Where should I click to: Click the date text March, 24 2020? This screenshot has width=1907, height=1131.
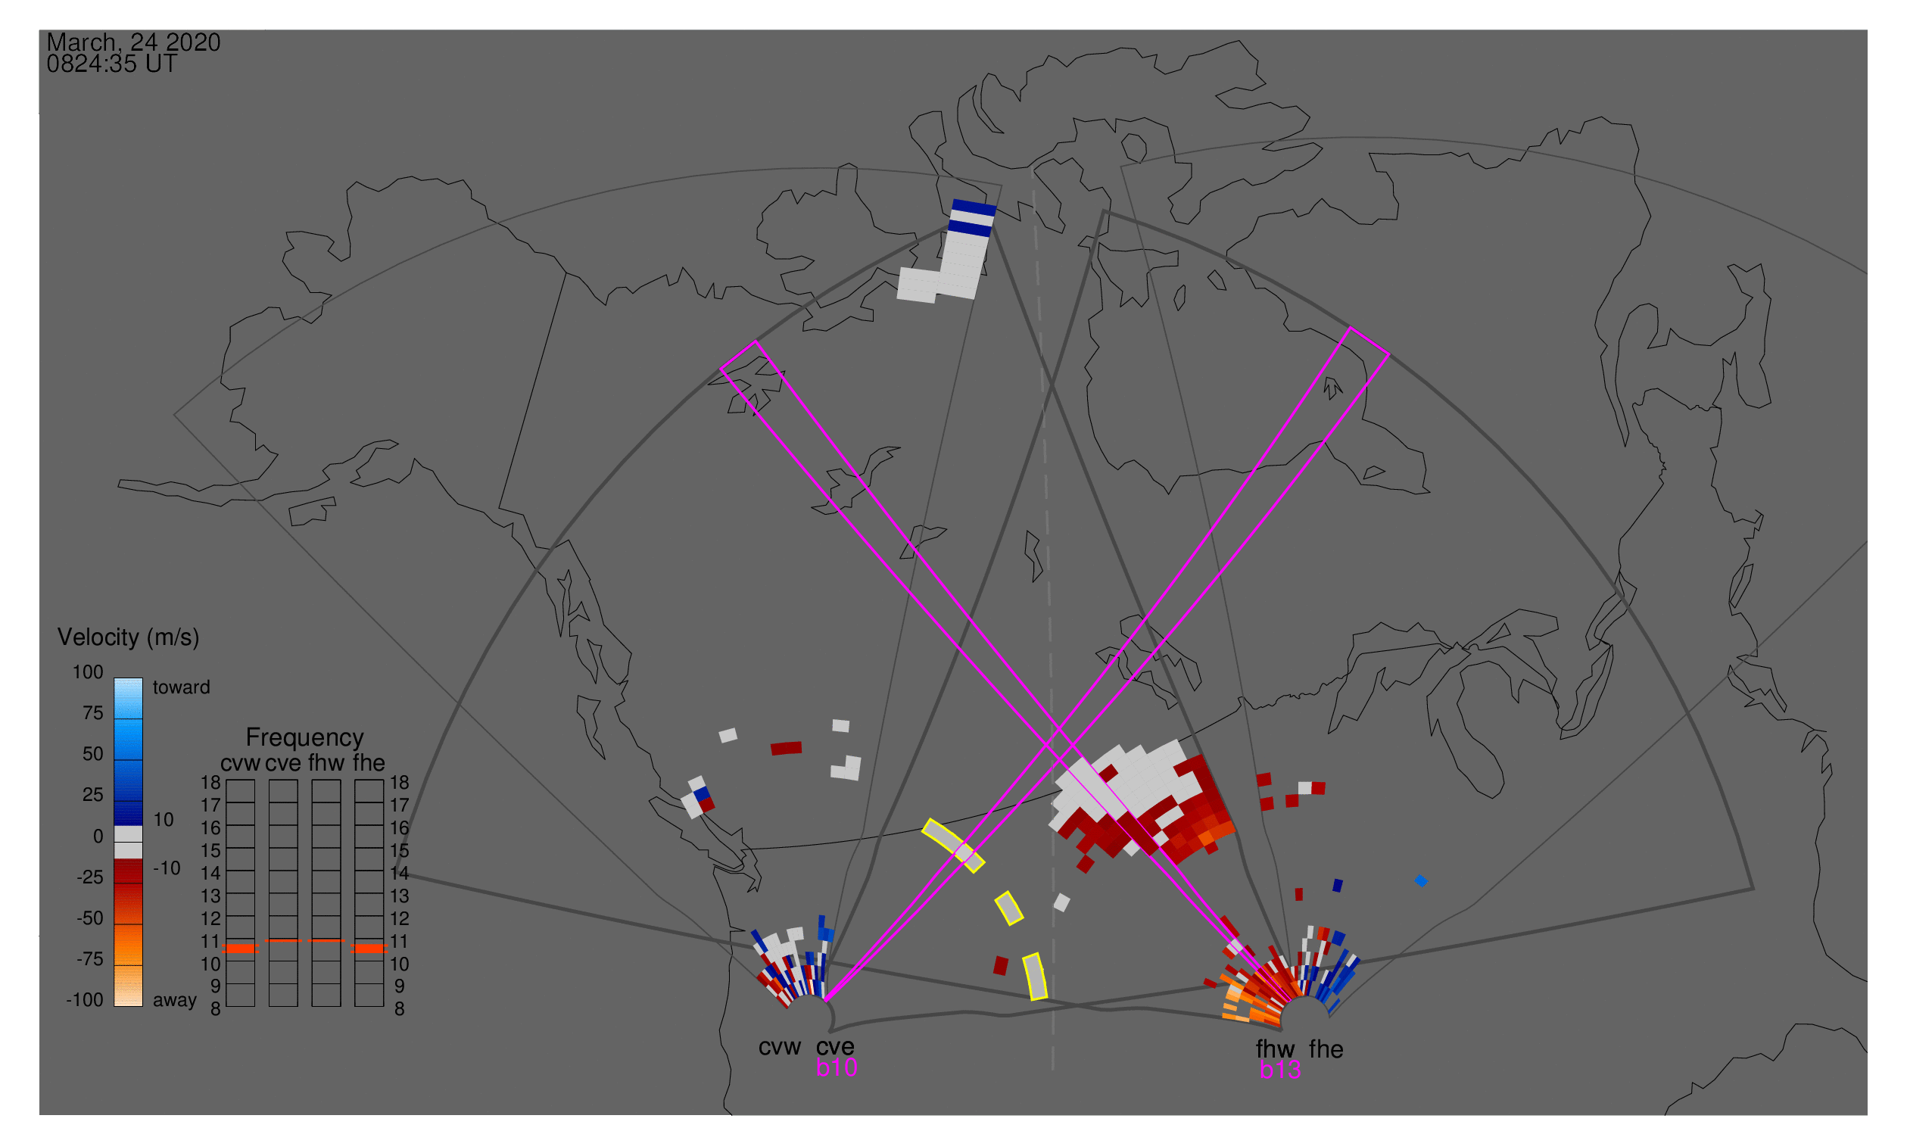(x=133, y=42)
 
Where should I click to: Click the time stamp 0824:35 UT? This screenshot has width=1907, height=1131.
(x=111, y=64)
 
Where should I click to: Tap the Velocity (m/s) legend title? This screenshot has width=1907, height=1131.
(x=128, y=637)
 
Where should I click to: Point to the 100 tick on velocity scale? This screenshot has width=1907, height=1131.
(x=88, y=672)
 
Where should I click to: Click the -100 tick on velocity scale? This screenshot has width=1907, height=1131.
(x=85, y=1000)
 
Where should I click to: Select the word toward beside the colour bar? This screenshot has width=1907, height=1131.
(x=181, y=687)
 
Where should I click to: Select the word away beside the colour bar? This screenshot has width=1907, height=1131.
(x=175, y=1000)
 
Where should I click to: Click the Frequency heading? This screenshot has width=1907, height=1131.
(x=304, y=737)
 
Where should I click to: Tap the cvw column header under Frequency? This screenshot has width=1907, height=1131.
(x=239, y=763)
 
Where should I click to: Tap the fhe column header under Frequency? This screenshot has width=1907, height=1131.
(x=368, y=763)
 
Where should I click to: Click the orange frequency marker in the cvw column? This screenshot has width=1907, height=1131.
(x=241, y=948)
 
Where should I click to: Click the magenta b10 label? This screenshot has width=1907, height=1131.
(x=836, y=1067)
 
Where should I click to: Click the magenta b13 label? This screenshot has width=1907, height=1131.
(x=1279, y=1070)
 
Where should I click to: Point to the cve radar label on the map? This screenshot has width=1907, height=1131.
(x=834, y=1046)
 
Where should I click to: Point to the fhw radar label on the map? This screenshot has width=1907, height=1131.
(x=1275, y=1048)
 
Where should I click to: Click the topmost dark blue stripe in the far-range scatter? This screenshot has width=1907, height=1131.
(x=974, y=207)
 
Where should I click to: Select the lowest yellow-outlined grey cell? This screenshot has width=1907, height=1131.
(x=1035, y=977)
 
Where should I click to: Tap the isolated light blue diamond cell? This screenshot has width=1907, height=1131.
(x=1421, y=881)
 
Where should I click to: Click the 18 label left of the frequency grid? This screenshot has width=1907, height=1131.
(x=210, y=783)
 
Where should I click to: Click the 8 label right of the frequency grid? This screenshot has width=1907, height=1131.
(x=399, y=1009)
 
